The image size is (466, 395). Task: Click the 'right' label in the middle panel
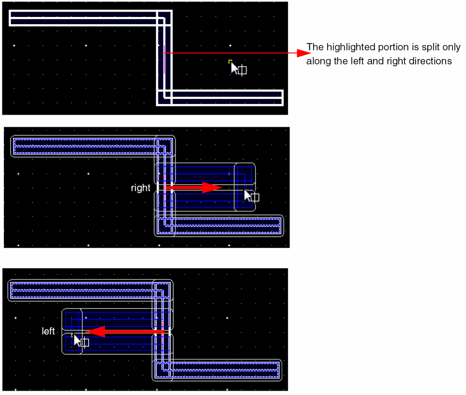click(x=140, y=188)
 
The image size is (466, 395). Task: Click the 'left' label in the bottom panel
click(x=48, y=332)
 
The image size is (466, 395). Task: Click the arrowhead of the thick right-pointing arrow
click(x=211, y=187)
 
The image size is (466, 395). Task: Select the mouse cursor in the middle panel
click(x=248, y=195)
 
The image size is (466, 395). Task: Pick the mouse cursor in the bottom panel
click(x=77, y=340)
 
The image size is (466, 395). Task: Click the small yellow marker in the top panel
click(x=230, y=61)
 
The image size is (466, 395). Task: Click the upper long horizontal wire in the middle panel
click(x=87, y=146)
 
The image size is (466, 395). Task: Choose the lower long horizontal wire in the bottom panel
click(x=223, y=370)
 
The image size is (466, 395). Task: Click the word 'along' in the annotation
click(x=316, y=61)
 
